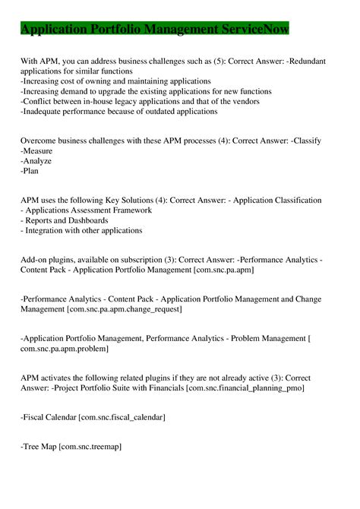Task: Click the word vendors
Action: click(x=241, y=101)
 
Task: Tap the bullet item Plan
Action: click(x=31, y=172)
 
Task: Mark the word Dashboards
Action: click(x=95, y=220)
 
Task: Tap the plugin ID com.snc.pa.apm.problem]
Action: click(x=65, y=349)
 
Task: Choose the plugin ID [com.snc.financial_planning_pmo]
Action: click(x=245, y=388)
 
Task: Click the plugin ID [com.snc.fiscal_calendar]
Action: click(x=122, y=417)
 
